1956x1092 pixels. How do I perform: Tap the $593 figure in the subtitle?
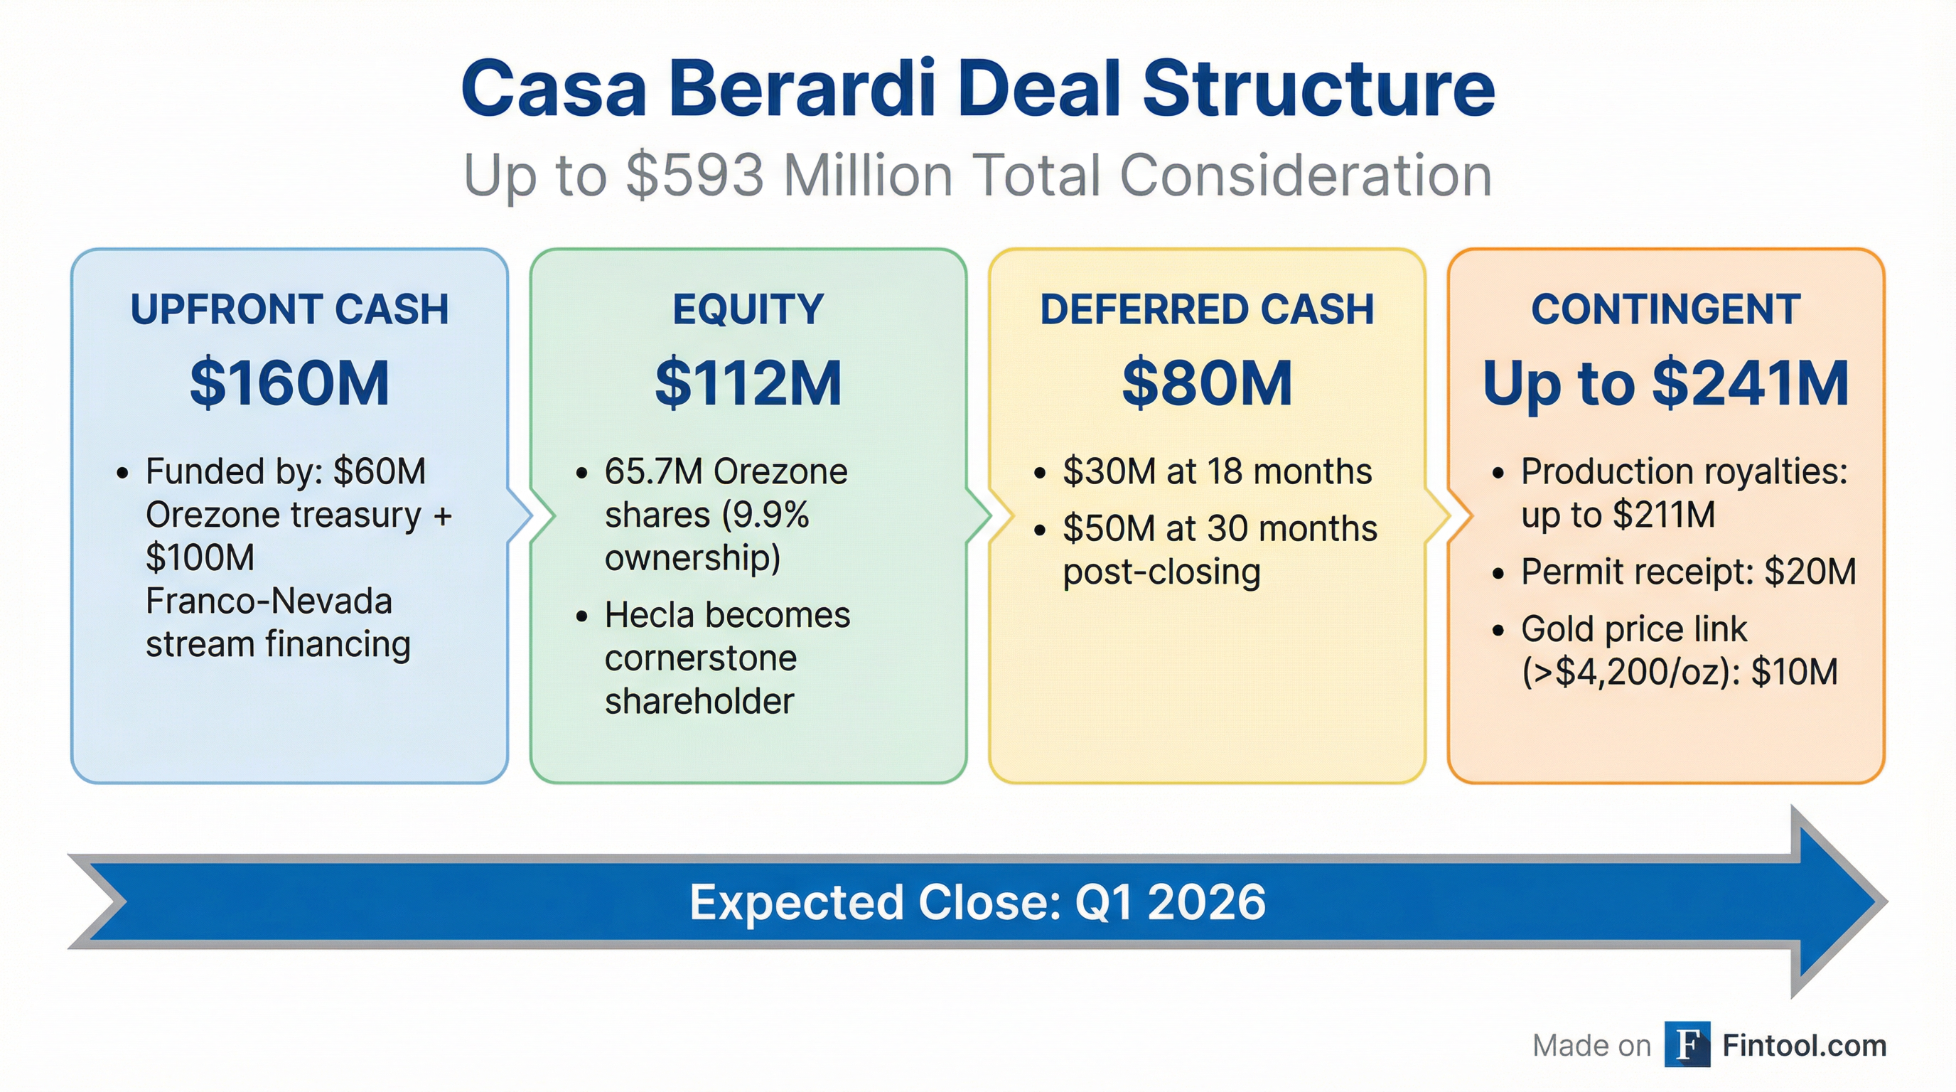[x=695, y=176]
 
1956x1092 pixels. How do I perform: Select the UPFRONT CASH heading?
[x=289, y=310]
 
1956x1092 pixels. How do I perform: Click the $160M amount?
[x=289, y=383]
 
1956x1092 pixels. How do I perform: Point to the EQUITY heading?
[x=748, y=310]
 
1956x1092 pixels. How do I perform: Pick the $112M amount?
[x=748, y=383]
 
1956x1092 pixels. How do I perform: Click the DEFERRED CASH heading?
[x=1207, y=310]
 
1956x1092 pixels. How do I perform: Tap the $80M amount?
[x=1207, y=383]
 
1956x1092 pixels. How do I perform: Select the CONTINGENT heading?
[x=1665, y=310]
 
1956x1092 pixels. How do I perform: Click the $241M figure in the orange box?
[x=1749, y=383]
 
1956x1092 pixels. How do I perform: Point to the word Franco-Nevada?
[x=269, y=601]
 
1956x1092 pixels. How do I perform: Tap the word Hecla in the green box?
[x=648, y=615]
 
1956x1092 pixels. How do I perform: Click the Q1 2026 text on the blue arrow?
[x=1170, y=902]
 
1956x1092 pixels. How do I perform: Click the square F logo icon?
[x=1687, y=1045]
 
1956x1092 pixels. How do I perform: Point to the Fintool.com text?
[x=1804, y=1046]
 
